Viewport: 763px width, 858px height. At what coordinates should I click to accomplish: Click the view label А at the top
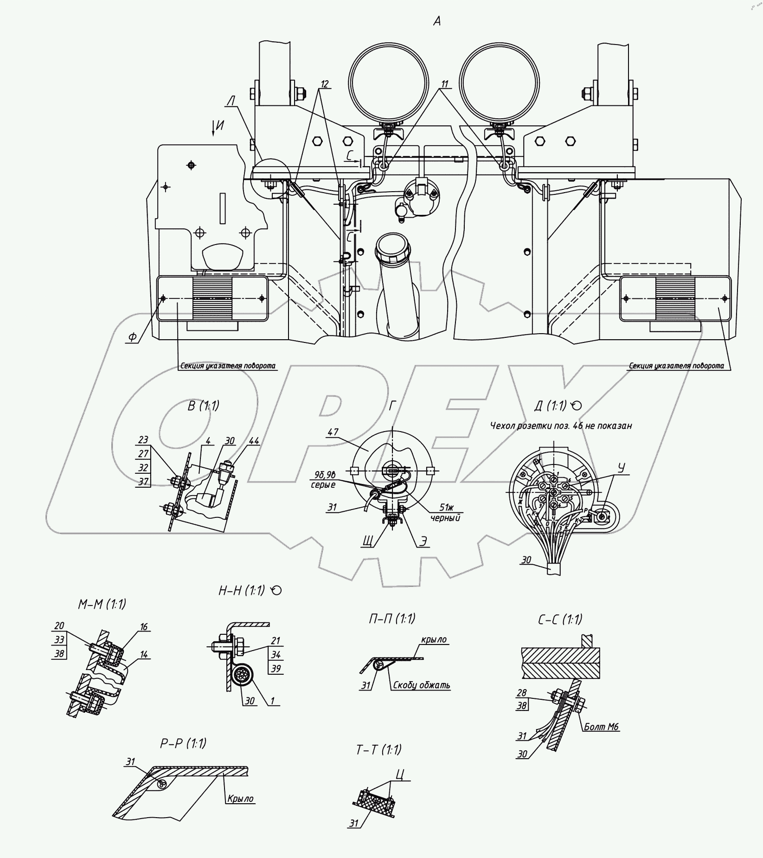click(436, 21)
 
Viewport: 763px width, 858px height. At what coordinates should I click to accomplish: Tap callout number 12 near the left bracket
click(324, 84)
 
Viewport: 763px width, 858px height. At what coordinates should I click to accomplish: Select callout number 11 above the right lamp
click(445, 84)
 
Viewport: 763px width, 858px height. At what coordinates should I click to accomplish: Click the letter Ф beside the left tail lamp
click(133, 337)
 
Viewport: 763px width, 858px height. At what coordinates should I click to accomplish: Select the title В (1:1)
click(203, 406)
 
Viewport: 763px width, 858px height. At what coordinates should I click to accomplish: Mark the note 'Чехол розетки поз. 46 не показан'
click(561, 425)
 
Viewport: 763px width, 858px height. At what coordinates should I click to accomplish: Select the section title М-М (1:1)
click(102, 604)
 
